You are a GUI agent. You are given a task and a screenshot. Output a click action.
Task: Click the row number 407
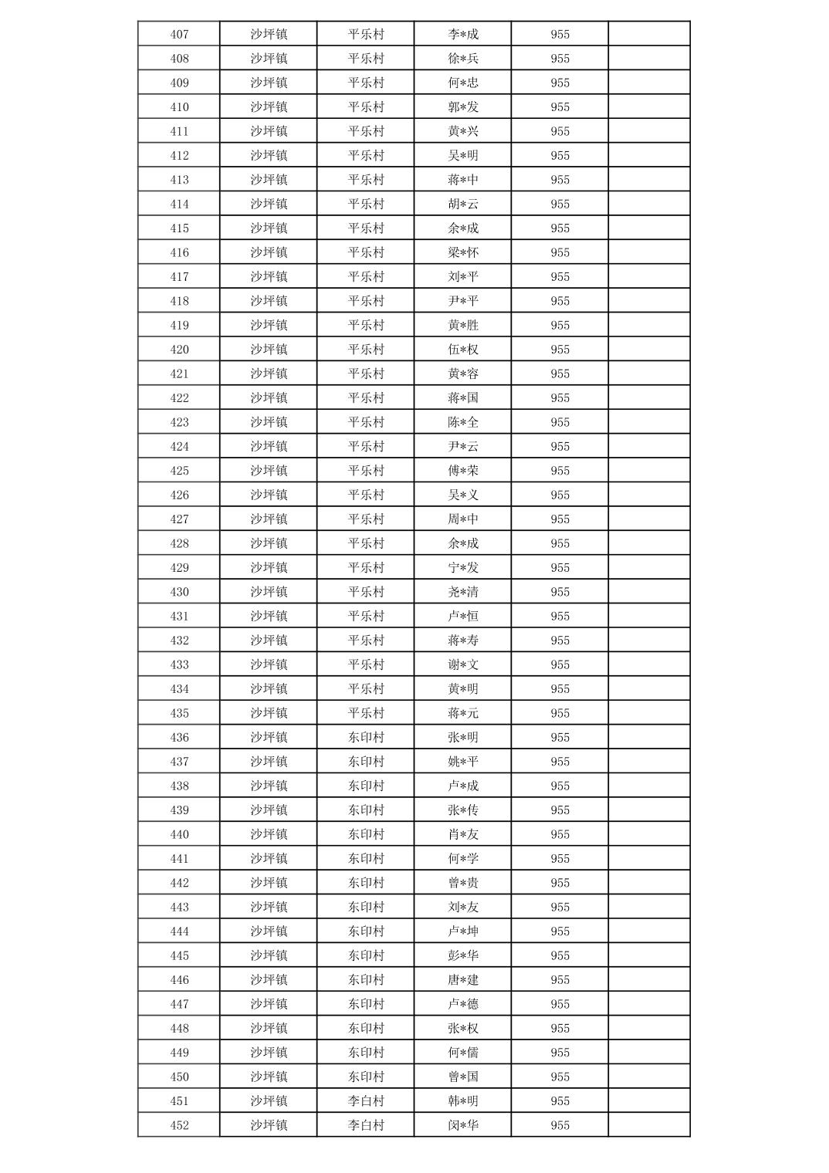tap(179, 34)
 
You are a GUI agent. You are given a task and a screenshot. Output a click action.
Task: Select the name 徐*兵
tap(463, 59)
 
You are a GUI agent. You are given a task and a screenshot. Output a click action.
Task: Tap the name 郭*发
tap(463, 107)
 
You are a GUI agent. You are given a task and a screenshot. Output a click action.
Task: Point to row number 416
tap(179, 252)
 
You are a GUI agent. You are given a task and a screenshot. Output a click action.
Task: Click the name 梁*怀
tap(463, 252)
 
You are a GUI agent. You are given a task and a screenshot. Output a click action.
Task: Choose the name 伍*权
tap(463, 350)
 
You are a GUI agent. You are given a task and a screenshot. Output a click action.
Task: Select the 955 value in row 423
tap(560, 422)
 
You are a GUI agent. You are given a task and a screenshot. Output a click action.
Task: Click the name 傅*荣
tap(463, 471)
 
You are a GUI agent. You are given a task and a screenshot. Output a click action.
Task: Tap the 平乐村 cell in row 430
tap(366, 592)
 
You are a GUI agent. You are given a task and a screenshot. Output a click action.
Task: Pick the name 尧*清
tap(463, 592)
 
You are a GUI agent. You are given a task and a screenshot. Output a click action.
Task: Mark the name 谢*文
tap(463, 664)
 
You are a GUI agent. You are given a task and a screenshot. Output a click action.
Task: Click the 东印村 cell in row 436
tap(366, 737)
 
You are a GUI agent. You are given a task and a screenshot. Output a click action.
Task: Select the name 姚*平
tap(463, 762)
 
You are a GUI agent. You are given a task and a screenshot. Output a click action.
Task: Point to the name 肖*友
tap(463, 834)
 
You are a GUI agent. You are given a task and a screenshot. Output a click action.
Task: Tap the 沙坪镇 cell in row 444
tap(269, 931)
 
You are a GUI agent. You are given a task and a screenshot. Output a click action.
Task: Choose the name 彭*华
tap(463, 955)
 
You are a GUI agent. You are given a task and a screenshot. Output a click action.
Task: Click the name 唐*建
tap(463, 980)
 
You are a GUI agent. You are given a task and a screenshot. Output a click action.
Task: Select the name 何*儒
tap(463, 1053)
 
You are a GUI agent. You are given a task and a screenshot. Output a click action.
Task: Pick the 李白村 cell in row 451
tap(366, 1101)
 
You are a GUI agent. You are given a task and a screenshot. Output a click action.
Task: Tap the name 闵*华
tap(463, 1125)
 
